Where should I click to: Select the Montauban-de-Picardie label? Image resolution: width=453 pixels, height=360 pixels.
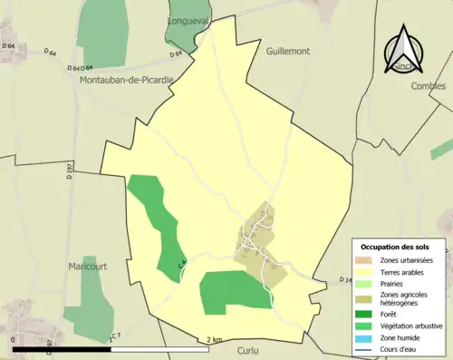click(x=128, y=80)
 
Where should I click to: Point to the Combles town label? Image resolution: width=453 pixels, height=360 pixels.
click(x=429, y=86)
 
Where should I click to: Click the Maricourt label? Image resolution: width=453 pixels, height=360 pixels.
click(x=87, y=267)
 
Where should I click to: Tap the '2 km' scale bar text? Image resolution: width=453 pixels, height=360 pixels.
click(x=214, y=340)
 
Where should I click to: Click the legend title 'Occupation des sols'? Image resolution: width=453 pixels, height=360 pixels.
click(x=401, y=247)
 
